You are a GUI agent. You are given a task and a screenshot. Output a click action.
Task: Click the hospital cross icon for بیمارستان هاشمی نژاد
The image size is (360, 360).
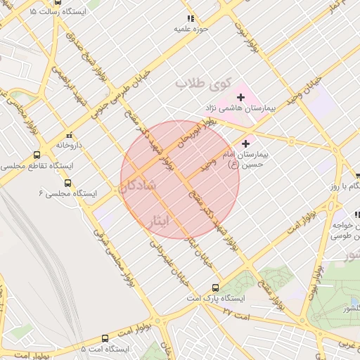click(240, 96)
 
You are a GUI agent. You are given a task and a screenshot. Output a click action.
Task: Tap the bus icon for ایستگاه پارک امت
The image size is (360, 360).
click(216, 288)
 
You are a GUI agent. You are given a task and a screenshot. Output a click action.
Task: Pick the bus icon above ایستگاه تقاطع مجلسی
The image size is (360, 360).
click(36, 155)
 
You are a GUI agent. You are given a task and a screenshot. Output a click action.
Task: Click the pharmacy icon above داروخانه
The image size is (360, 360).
click(69, 134)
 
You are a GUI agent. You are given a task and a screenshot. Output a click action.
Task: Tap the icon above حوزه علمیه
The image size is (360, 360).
click(190, 19)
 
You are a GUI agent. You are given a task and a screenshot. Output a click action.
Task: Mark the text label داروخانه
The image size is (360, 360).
click(70, 145)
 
